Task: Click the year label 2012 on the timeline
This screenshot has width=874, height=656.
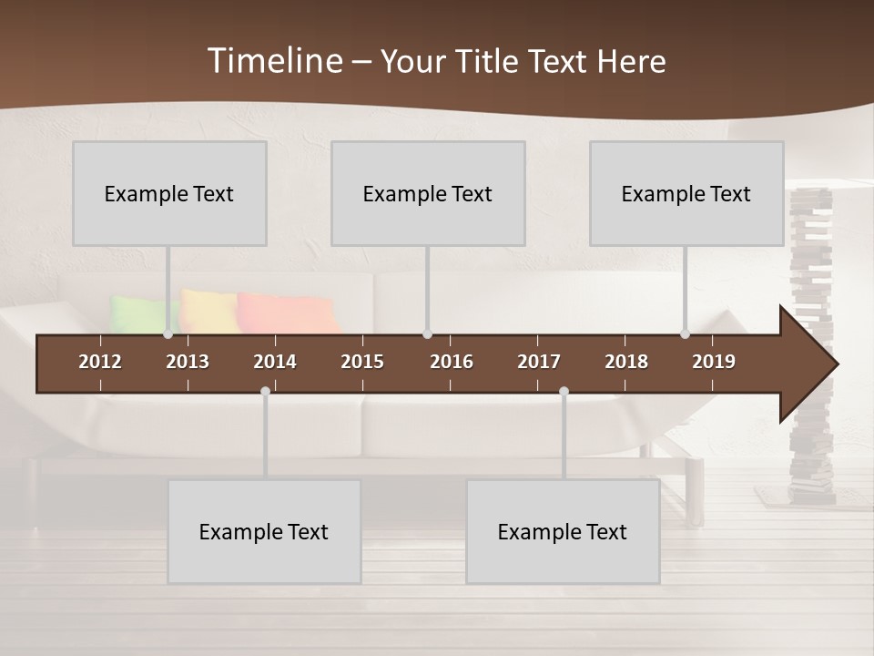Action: point(100,362)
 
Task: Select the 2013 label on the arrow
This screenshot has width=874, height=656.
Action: point(188,362)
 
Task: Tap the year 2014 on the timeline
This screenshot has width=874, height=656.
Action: point(275,362)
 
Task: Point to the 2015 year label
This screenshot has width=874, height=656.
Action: point(362,362)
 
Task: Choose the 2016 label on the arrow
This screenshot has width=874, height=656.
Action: point(452,362)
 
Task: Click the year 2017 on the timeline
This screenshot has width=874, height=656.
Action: point(539,362)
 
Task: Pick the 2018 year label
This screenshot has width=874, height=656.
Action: point(626,362)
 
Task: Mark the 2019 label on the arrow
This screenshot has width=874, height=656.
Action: point(714,362)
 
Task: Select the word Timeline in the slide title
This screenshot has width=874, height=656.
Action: point(274,61)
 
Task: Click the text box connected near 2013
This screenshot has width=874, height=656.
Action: point(169,193)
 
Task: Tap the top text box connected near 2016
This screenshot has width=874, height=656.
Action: point(428,193)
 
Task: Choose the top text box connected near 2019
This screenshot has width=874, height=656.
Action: point(686,193)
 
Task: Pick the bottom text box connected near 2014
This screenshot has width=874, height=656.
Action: point(264,531)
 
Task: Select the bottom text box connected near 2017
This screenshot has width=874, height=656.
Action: point(563,531)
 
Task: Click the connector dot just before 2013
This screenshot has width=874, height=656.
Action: point(168,334)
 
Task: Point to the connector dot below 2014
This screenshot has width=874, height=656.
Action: point(265,392)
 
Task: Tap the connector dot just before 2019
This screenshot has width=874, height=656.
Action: point(685,334)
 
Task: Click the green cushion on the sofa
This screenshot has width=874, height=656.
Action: point(137,313)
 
